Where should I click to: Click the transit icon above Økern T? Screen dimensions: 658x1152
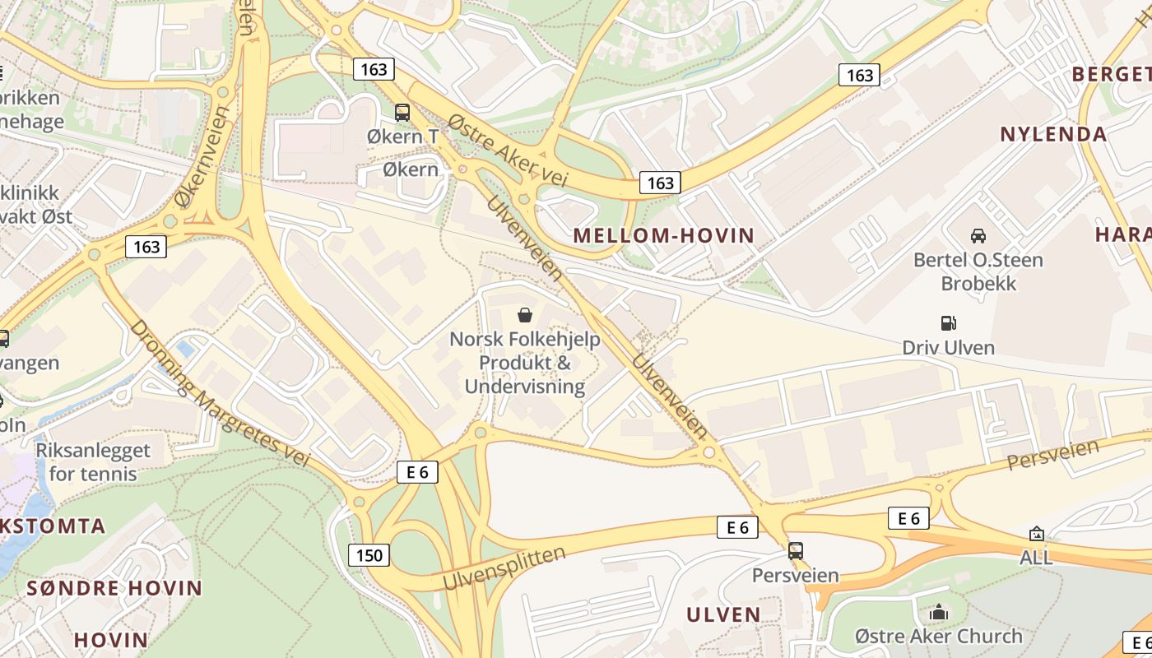click(x=402, y=113)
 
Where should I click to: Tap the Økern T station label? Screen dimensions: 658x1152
click(x=403, y=137)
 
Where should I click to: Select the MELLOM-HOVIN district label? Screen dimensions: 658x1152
click(x=663, y=236)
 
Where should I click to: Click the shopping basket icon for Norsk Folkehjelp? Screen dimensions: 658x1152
click(x=524, y=315)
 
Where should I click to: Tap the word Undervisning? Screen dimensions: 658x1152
click(x=524, y=387)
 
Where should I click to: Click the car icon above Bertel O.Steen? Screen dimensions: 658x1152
click(x=978, y=236)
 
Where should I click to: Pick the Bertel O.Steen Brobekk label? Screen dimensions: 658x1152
click(x=978, y=272)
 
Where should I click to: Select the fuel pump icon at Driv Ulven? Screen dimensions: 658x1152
click(x=948, y=323)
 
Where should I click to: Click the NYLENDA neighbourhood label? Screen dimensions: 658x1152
click(x=1052, y=135)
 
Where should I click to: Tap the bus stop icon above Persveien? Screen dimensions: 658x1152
click(x=795, y=551)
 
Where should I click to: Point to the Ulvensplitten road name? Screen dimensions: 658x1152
click(x=504, y=568)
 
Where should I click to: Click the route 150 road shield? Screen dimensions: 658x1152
click(x=369, y=555)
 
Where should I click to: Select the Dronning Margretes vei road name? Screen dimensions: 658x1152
click(x=220, y=393)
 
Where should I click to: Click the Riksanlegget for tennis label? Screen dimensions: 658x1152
click(x=93, y=462)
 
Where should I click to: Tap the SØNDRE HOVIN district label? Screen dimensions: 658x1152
click(x=114, y=589)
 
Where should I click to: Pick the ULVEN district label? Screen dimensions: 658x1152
click(x=723, y=615)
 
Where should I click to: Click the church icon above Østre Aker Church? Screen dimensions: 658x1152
click(x=938, y=613)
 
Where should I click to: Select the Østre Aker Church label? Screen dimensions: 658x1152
click(x=938, y=637)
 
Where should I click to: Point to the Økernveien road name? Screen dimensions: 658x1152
click(x=202, y=156)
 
